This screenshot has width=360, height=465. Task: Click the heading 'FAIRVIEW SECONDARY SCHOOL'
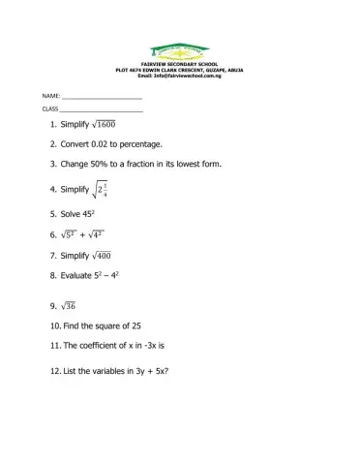(x=180, y=63)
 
